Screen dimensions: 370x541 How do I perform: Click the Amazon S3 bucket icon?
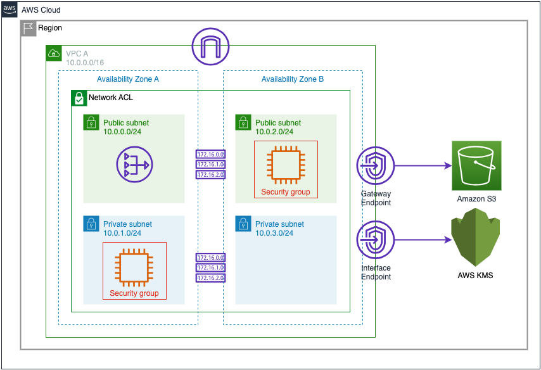point(476,166)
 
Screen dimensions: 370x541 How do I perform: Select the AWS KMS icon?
point(475,241)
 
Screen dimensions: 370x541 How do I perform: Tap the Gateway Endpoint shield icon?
point(376,166)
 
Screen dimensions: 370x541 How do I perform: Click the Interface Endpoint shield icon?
point(376,240)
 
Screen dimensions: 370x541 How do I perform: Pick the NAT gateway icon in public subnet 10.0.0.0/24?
point(134,165)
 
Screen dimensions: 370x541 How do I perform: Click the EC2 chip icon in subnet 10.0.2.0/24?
point(286,165)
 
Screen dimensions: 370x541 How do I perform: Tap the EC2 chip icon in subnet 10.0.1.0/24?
point(134,266)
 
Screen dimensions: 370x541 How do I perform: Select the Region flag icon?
point(29,29)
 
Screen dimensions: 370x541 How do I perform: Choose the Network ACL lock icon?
point(79,98)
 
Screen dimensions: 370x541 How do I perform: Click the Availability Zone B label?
point(293,79)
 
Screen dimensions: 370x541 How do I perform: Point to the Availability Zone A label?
point(128,79)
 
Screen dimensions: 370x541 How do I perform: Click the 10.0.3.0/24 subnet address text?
point(274,233)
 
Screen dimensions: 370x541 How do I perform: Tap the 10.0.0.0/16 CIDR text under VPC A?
point(85,63)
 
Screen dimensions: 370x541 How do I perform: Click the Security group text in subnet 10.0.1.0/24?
point(134,293)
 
